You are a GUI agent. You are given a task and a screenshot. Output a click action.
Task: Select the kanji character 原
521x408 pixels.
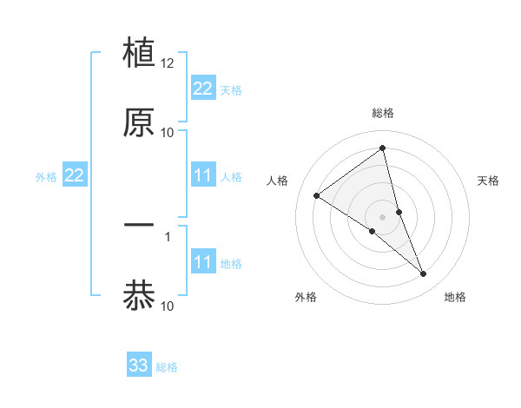point(139,122)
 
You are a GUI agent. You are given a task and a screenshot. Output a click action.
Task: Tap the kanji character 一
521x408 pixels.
point(139,225)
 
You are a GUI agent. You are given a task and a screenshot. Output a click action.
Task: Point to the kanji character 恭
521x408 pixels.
point(139,294)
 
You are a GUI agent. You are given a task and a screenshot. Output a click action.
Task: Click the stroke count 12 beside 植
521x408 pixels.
point(168,63)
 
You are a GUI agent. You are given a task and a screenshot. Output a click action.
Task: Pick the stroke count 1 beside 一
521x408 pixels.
point(168,235)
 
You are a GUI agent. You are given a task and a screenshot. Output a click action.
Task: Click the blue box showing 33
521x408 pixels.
point(139,365)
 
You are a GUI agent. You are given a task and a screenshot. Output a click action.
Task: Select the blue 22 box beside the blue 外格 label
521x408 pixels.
point(75,175)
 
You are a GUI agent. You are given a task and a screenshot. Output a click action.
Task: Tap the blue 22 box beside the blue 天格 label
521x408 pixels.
point(203,89)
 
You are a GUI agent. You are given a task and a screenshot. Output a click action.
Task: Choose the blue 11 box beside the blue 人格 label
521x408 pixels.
point(203,175)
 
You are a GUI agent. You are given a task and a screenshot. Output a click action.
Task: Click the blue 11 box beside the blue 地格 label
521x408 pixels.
point(203,262)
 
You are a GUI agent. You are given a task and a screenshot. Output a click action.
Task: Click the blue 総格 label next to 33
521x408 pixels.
point(167,367)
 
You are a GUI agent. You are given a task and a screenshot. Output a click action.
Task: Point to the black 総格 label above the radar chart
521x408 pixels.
point(383,113)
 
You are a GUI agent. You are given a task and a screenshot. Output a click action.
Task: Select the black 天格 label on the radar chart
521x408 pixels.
point(488,181)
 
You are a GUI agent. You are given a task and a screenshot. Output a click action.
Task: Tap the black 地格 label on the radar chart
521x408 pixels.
point(455,297)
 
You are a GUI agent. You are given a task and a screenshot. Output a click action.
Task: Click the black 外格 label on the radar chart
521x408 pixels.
point(306,297)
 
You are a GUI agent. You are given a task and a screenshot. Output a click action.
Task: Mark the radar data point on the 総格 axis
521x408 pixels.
point(383,148)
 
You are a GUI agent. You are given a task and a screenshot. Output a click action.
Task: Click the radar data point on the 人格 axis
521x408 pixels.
point(316,195)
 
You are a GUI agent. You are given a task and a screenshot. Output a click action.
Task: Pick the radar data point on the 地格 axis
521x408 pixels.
point(424,274)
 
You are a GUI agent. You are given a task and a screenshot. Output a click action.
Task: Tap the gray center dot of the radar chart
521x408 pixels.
point(383,216)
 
